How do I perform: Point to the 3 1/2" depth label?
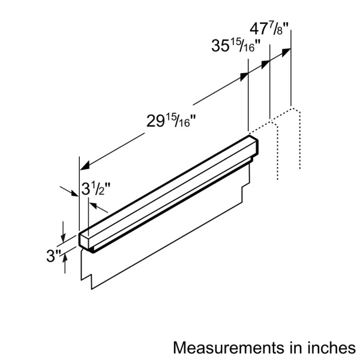tap(94, 189)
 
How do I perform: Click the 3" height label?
tap(55, 256)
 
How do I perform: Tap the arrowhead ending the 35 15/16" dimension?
tap(266, 62)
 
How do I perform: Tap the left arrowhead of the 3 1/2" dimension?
tap(76, 196)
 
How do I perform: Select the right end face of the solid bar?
tap(253, 148)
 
